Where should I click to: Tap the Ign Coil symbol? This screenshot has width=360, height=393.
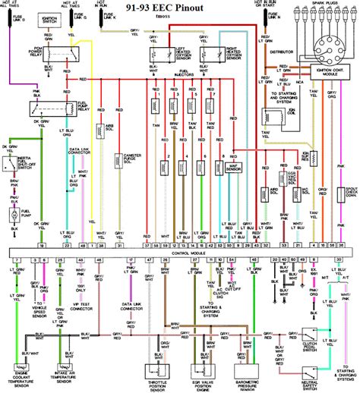[270, 118]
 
